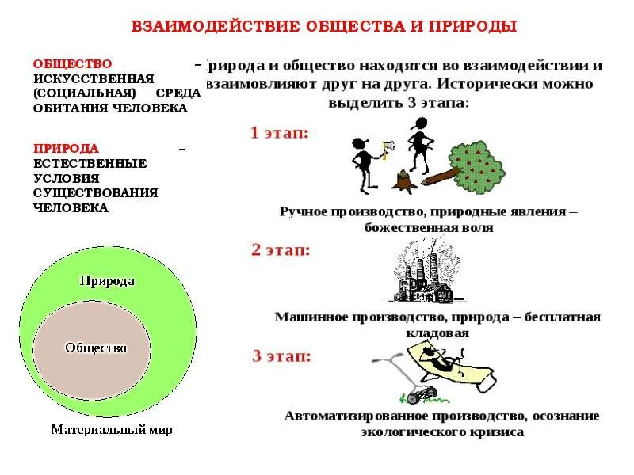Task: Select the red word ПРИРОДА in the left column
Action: click(x=66, y=148)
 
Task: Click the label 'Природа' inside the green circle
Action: click(x=107, y=281)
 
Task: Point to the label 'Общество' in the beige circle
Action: click(x=95, y=348)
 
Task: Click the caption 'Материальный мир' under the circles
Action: click(x=111, y=430)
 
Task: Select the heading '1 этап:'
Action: click(x=279, y=133)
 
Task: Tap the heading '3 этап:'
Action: click(x=281, y=355)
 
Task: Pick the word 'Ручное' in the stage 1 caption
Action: click(x=306, y=212)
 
